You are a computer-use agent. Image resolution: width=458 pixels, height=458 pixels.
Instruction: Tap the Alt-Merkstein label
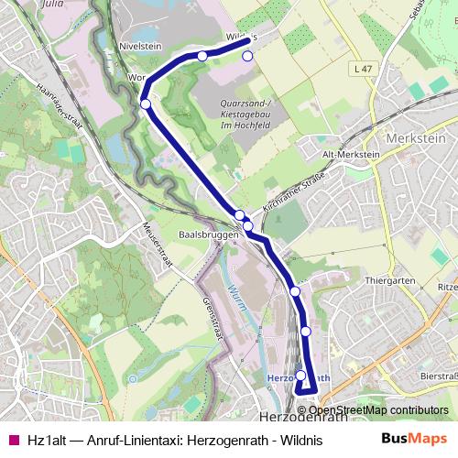point(351,155)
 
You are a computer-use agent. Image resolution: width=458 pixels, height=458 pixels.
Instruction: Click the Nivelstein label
point(140,43)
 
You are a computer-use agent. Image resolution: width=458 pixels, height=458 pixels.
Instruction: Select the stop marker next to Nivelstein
point(202,56)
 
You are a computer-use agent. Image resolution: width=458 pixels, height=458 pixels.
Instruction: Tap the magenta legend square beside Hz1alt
point(13,439)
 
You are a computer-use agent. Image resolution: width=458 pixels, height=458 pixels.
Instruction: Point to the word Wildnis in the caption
point(301,439)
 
